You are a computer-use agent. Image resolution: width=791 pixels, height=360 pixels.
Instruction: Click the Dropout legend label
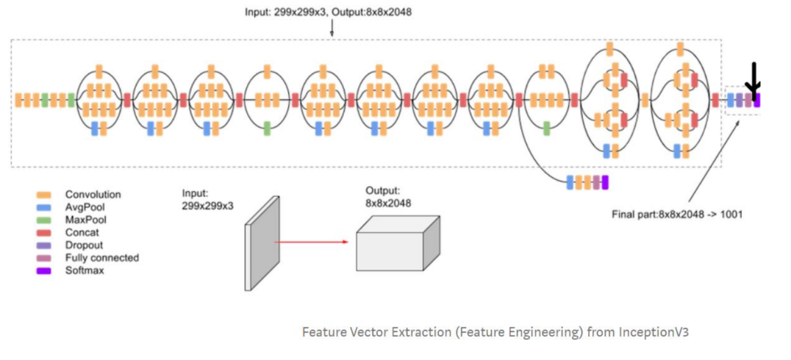coord(84,245)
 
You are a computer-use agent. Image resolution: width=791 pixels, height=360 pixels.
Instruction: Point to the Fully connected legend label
coord(101,258)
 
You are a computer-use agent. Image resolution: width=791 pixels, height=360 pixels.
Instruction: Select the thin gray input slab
coord(262,242)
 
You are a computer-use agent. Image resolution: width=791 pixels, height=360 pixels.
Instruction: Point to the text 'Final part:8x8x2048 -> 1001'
coord(676,215)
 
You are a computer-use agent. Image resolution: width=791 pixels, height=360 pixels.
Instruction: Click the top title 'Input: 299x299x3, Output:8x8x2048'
coord(333,12)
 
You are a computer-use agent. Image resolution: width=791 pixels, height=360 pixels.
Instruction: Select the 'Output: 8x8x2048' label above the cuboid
coord(387,196)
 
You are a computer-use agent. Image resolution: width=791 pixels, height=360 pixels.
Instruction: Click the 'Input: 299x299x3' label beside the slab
coord(207,199)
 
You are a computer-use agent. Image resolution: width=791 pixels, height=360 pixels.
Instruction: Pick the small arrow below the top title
coord(332,29)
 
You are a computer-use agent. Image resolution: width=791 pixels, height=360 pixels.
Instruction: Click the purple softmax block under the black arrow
coord(756,101)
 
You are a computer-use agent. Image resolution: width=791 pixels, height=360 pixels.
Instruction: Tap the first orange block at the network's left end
coord(18,100)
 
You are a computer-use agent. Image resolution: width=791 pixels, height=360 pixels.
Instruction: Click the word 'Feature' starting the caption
coord(323,332)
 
